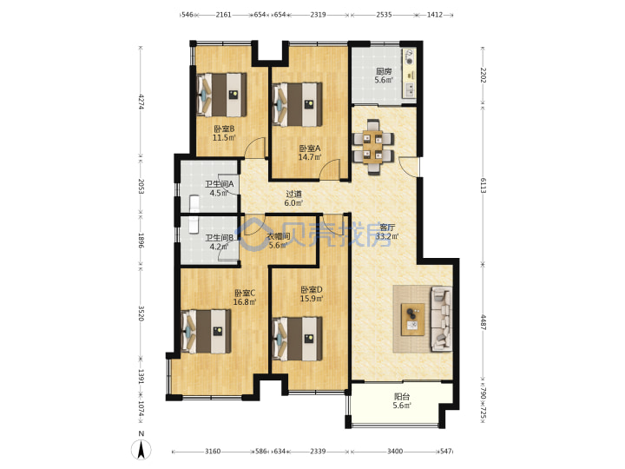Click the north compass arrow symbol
click(141, 450)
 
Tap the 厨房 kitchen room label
click(384, 71)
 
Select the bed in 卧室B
click(221, 95)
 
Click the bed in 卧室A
click(298, 104)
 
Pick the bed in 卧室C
click(206, 332)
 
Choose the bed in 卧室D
click(298, 339)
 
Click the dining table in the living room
click(374, 147)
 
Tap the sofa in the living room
click(442, 319)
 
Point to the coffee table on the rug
click(413, 320)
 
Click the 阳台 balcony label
click(402, 396)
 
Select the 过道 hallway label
click(293, 194)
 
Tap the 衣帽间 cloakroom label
click(279, 236)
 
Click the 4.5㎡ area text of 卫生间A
click(219, 193)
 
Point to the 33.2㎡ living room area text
click(387, 236)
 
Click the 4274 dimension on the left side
click(141, 102)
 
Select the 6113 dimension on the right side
click(484, 186)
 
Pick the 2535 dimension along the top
click(384, 15)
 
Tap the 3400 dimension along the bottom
click(395, 452)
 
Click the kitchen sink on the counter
click(410, 90)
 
